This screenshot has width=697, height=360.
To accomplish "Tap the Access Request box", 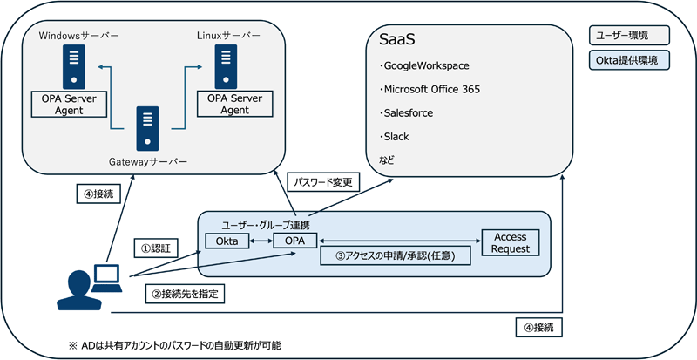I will click(511, 242).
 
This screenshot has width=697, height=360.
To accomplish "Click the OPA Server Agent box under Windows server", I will click(70, 105).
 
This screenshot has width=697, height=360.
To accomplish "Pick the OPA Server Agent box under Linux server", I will click(234, 105).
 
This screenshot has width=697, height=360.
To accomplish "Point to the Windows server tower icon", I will click(73, 65).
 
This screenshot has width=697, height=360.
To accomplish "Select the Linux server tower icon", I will click(228, 65).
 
